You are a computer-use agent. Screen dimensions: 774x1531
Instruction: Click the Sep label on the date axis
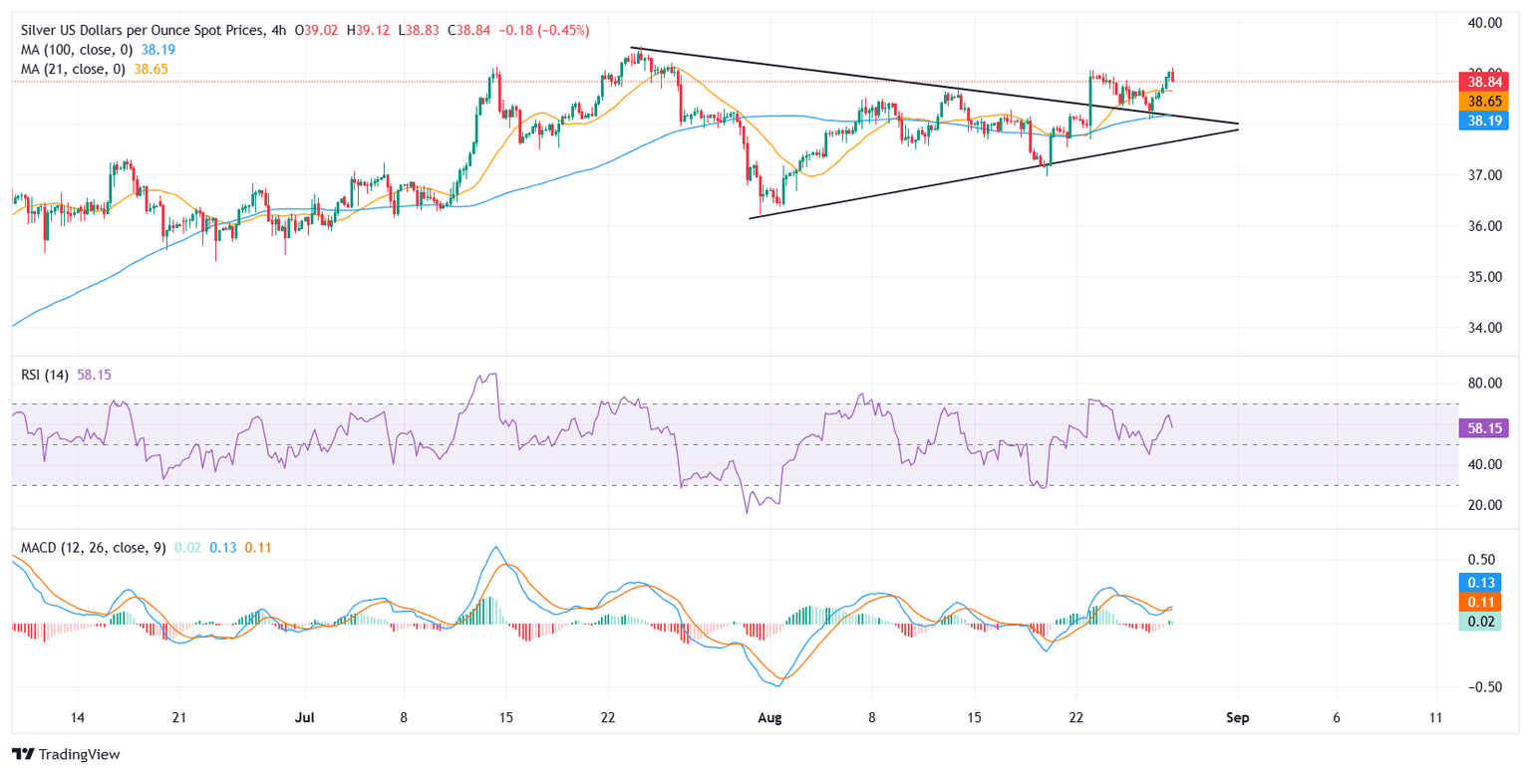pos(1238,717)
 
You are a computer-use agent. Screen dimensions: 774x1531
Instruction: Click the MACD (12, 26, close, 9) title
pos(90,547)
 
